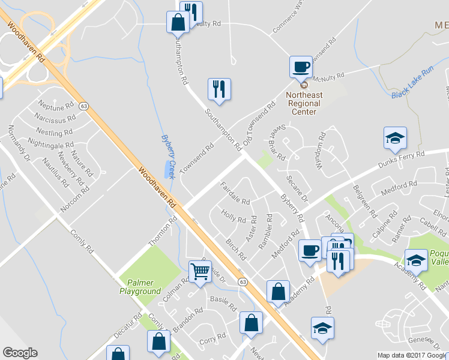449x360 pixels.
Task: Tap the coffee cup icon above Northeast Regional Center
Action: tap(300, 67)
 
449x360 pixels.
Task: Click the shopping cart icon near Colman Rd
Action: tap(200, 271)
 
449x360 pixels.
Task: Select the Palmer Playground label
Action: tap(139, 287)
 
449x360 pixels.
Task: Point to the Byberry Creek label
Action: tap(168, 150)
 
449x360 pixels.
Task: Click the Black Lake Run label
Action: tap(412, 90)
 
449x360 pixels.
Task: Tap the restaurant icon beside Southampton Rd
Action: tap(219, 89)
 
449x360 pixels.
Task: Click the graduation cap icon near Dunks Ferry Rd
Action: tap(395, 137)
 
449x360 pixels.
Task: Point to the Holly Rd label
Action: tap(234, 216)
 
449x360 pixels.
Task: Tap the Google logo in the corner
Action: tap(20, 353)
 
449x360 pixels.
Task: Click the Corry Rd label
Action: tap(212, 340)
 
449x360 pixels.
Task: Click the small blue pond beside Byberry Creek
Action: tap(166, 170)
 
